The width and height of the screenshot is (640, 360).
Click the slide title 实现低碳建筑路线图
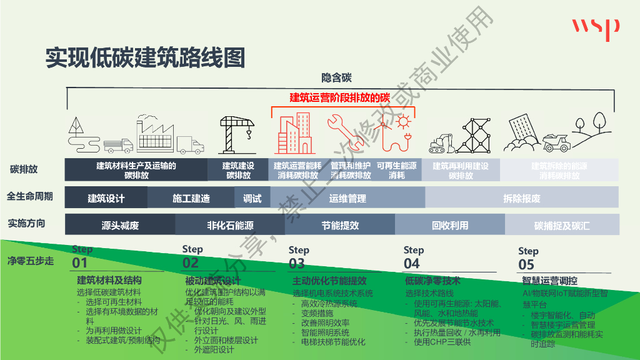click(x=144, y=58)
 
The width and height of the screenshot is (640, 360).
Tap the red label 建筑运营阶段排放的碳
click(x=339, y=98)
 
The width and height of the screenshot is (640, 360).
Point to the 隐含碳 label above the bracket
click(x=337, y=78)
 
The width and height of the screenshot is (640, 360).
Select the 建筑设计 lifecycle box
click(x=106, y=198)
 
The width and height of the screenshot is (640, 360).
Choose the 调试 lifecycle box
click(x=252, y=198)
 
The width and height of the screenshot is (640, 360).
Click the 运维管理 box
click(x=347, y=198)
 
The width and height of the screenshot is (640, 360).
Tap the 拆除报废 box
click(x=521, y=198)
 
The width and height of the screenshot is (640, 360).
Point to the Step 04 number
click(x=412, y=263)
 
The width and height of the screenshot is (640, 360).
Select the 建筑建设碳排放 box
click(x=238, y=171)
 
